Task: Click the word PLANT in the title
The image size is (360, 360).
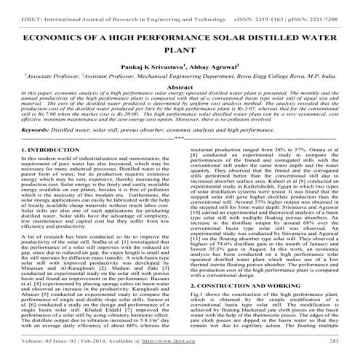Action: [180, 49]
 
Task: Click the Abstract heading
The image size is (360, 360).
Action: [180, 86]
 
